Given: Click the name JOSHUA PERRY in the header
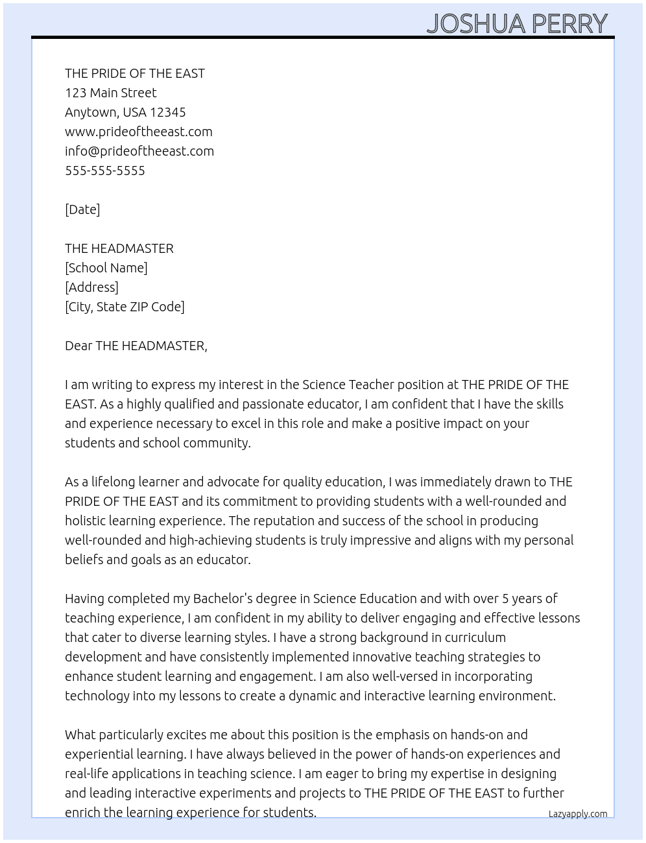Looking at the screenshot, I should [517, 24].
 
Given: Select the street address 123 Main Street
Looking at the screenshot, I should [110, 93].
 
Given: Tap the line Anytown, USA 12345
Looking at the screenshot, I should [125, 112].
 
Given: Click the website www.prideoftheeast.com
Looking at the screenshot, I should [138, 132].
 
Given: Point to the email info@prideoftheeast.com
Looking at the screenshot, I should [139, 151].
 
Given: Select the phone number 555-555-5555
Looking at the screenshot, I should [104, 171].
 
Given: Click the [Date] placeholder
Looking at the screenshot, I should [82, 209].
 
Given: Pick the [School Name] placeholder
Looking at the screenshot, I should [106, 268].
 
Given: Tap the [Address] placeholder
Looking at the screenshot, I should [91, 287].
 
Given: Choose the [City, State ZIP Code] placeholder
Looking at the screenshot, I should [125, 307].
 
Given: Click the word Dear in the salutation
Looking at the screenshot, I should [78, 346].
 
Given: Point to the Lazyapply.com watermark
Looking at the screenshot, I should [577, 814].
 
